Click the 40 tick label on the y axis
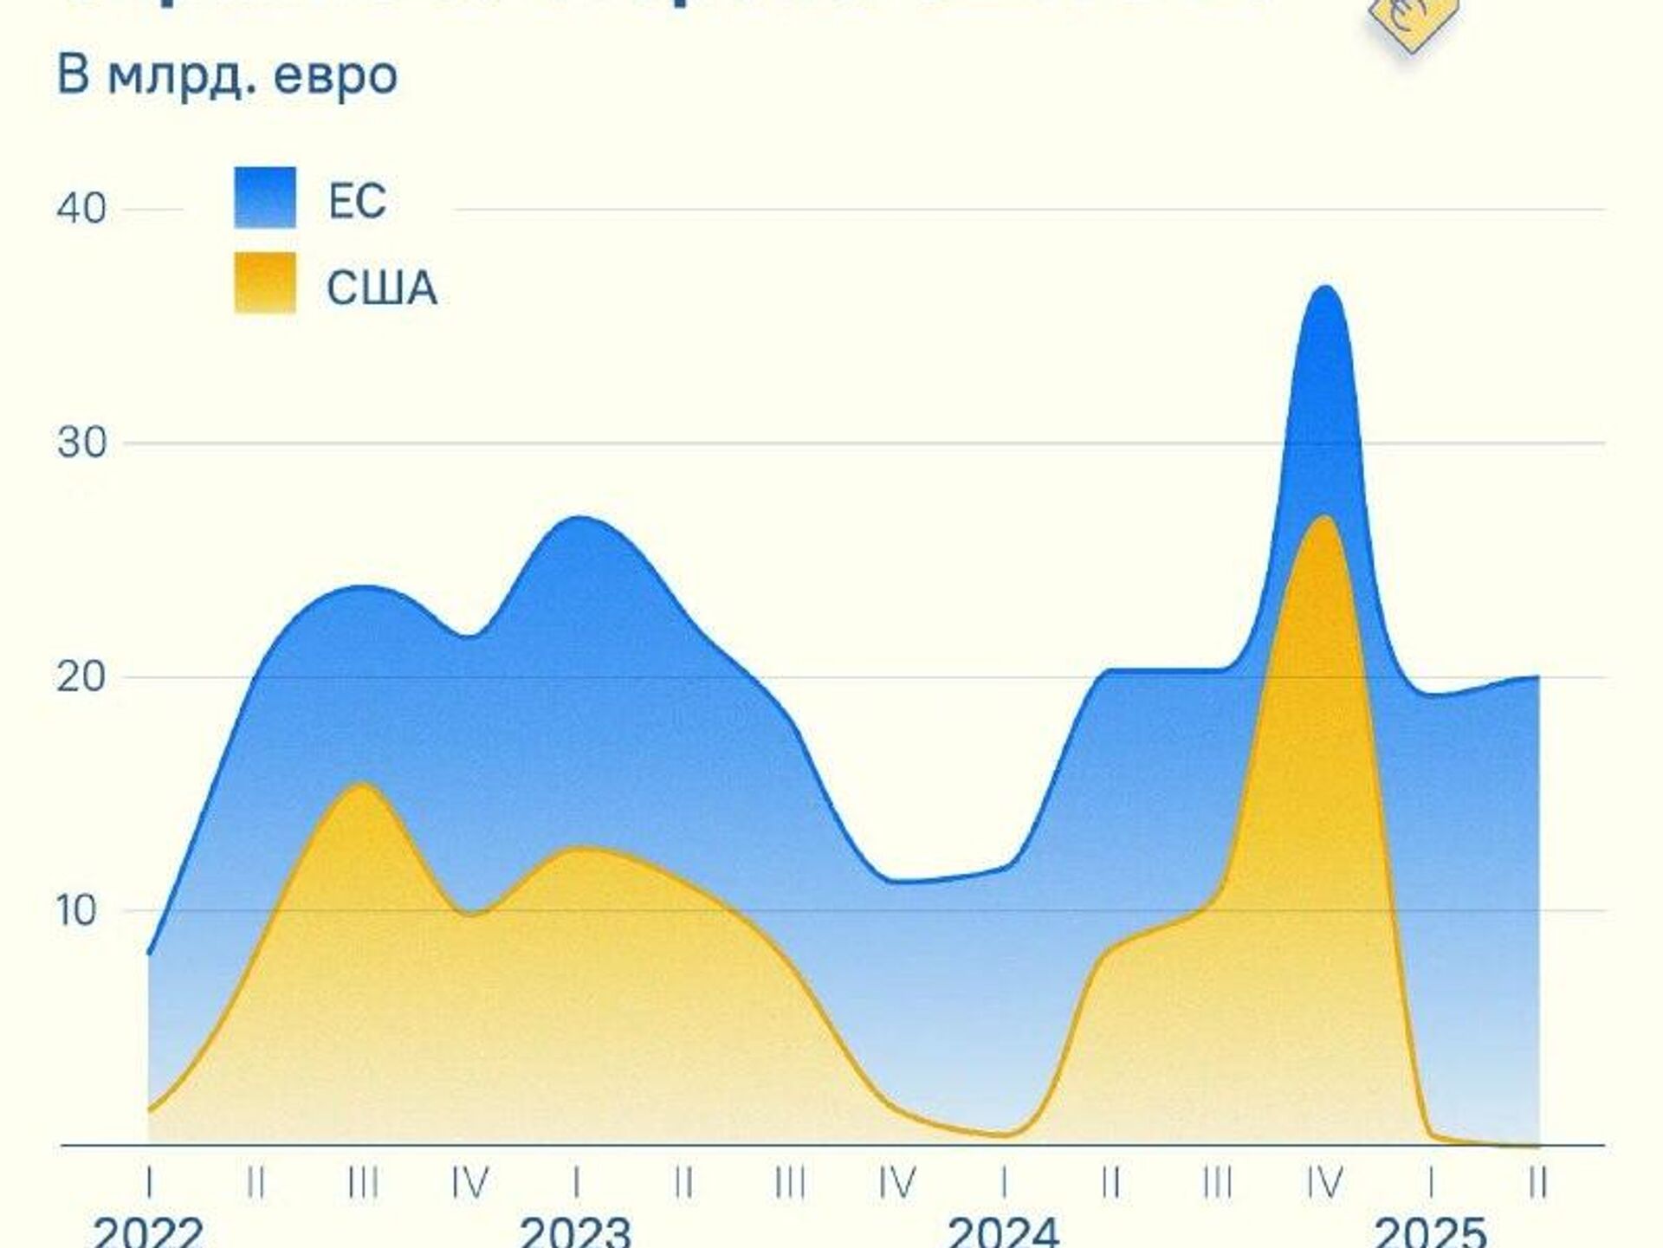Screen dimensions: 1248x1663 (81, 209)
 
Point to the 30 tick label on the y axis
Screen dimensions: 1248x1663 (81, 443)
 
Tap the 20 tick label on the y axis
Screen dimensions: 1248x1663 (81, 676)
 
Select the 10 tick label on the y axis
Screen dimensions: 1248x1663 (78, 910)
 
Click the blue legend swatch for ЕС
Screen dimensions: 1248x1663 (265, 197)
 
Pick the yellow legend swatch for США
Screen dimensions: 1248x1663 (265, 282)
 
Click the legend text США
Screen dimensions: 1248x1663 (382, 288)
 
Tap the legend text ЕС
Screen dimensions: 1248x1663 (357, 201)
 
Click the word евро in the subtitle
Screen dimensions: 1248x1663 (335, 76)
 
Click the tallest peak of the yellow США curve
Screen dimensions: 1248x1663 (1324, 517)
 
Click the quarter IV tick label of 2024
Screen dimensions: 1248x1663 (1324, 1182)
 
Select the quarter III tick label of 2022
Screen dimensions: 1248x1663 (363, 1182)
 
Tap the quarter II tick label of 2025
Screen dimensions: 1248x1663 (1538, 1182)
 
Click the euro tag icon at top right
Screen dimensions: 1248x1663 (1414, 22)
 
